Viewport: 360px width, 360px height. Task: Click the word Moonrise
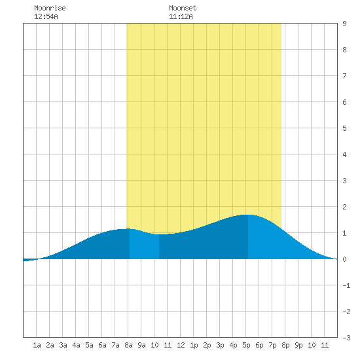pyautogui.click(x=50, y=8)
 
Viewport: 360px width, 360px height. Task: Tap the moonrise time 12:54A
pyautogui.click(x=46, y=16)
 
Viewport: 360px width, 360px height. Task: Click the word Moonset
pyautogui.click(x=183, y=8)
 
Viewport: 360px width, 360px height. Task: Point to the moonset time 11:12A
pyautogui.click(x=181, y=16)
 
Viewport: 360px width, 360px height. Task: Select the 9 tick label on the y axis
pyautogui.click(x=344, y=24)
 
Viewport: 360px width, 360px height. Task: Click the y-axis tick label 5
pyautogui.click(x=344, y=128)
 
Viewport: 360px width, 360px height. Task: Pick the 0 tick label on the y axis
pyautogui.click(x=344, y=259)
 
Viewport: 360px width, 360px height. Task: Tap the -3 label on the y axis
pyautogui.click(x=346, y=338)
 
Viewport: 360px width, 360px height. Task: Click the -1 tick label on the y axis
pyautogui.click(x=346, y=285)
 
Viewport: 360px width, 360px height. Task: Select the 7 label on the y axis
pyautogui.click(x=344, y=76)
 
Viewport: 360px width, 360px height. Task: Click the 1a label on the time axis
pyautogui.click(x=37, y=345)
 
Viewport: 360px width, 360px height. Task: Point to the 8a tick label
pyautogui.click(x=128, y=345)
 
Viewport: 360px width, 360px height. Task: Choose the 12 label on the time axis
pyautogui.click(x=181, y=345)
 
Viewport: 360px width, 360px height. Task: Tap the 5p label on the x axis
pyautogui.click(x=246, y=345)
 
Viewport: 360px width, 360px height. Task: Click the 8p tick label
pyautogui.click(x=285, y=345)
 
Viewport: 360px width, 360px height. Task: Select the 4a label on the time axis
pyautogui.click(x=76, y=345)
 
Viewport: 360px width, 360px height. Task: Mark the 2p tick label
pyautogui.click(x=207, y=345)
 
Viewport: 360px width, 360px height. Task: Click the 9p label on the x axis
pyautogui.click(x=298, y=345)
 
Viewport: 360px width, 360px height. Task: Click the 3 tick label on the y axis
pyautogui.click(x=344, y=181)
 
